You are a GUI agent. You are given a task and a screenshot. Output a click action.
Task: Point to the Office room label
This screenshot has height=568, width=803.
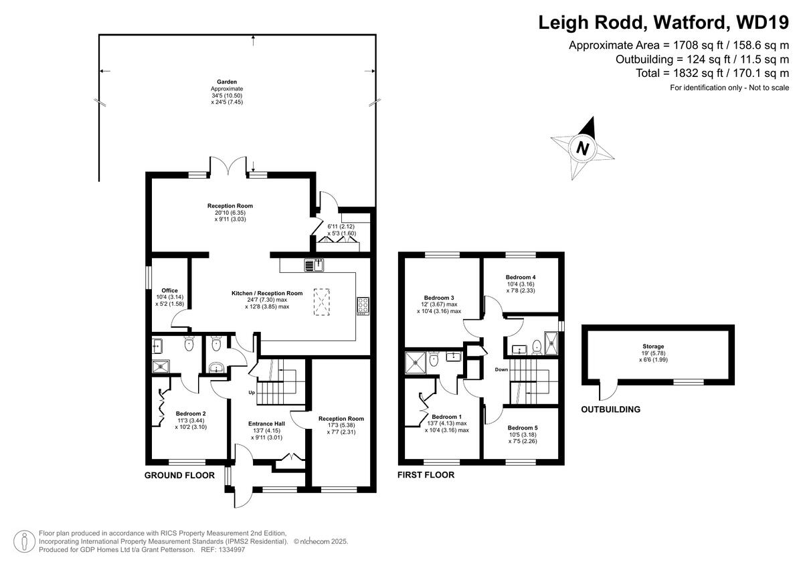(169, 290)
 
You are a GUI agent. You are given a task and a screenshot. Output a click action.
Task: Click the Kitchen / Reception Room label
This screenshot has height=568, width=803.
(267, 293)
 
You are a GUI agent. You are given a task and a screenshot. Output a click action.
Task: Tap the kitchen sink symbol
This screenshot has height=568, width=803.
(314, 265)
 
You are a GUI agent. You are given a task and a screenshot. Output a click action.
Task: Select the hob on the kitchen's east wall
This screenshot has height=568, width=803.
(363, 306)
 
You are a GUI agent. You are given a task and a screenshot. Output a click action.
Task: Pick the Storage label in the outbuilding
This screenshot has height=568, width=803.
(653, 347)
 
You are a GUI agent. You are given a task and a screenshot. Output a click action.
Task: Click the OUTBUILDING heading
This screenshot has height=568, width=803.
(610, 409)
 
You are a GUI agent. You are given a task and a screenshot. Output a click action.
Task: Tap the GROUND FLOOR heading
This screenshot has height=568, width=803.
(180, 476)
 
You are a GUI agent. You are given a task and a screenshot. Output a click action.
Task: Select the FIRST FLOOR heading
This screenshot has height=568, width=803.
(426, 475)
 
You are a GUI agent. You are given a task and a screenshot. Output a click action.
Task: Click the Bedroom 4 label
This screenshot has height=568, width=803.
(521, 277)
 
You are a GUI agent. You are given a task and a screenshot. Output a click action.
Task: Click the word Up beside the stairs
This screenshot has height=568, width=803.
(252, 392)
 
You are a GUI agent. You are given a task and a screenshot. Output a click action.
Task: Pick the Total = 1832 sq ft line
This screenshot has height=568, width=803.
(713, 73)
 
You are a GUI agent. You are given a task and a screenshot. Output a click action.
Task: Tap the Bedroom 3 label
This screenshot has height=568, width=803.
(439, 298)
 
